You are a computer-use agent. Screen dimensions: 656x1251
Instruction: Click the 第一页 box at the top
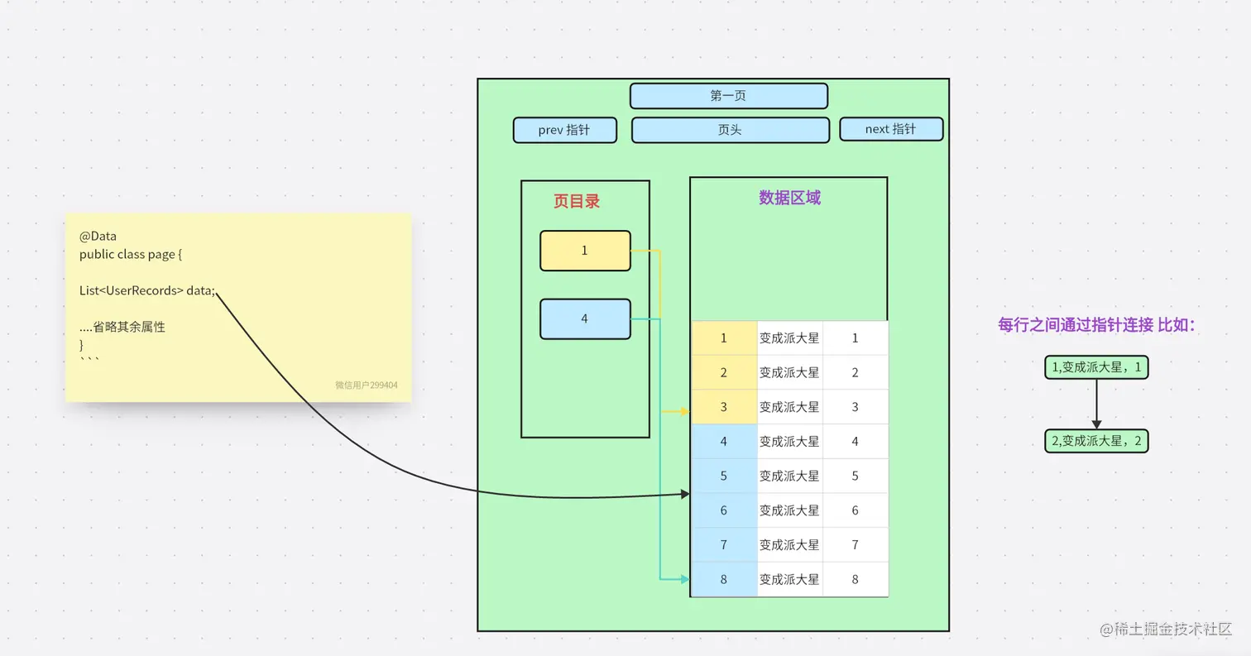click(x=728, y=96)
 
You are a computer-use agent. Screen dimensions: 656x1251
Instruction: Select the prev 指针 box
click(x=564, y=130)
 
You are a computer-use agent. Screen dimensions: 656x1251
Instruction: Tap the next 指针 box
click(x=890, y=129)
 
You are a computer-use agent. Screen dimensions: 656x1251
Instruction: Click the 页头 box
click(x=730, y=130)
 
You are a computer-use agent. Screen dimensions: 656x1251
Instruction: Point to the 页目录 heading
click(x=577, y=201)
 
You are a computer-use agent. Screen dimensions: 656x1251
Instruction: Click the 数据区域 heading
click(x=789, y=198)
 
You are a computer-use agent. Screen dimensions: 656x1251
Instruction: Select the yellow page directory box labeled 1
click(x=585, y=251)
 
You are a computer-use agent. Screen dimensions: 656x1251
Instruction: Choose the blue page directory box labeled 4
click(x=585, y=318)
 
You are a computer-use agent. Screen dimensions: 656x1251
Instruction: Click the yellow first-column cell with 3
click(x=724, y=407)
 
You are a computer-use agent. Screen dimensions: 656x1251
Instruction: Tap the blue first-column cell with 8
click(x=724, y=579)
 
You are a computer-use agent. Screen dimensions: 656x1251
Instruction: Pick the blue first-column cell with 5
click(x=724, y=476)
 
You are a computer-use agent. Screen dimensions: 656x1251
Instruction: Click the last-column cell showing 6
click(x=855, y=510)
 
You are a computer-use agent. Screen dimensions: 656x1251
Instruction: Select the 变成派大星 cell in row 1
click(x=789, y=338)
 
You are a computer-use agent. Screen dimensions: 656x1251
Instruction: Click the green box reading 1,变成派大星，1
click(x=1096, y=367)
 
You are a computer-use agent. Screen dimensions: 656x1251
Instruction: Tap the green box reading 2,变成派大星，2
click(x=1096, y=441)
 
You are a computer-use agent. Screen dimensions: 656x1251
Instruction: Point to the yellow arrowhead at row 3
click(x=684, y=411)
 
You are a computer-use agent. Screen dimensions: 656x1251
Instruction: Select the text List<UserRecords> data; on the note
click(x=147, y=291)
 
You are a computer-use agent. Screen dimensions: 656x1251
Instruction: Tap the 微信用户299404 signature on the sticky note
click(x=366, y=385)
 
